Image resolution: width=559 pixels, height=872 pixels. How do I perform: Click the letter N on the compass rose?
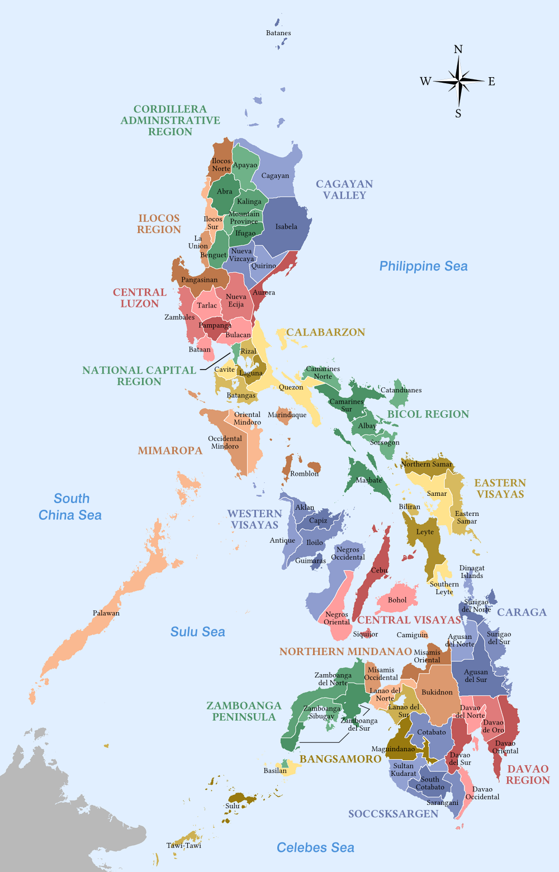point(458,49)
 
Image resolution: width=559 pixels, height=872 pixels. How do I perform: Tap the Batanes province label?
point(278,33)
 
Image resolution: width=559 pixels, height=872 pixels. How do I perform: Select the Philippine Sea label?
point(423,266)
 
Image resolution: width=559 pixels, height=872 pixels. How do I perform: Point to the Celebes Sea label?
point(315,847)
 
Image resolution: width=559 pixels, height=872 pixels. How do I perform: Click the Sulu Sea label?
point(197,632)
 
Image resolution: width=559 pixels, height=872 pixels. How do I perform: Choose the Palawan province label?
point(106,613)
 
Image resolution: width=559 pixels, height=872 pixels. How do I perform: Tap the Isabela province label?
point(286,226)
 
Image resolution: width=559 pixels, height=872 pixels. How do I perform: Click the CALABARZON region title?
point(325,332)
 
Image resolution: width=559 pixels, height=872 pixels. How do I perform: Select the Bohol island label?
point(397,600)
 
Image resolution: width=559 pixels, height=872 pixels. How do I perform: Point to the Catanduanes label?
point(401,390)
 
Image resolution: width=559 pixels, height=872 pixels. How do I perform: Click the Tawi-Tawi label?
point(184,845)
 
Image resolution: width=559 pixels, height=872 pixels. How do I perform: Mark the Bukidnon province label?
point(437,692)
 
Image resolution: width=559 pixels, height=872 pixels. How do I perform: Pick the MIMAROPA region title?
point(170,451)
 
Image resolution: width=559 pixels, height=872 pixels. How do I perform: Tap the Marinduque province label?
point(287,415)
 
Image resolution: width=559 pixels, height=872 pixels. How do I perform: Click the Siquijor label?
point(366,634)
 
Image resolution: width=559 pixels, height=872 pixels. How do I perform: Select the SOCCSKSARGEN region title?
point(393,814)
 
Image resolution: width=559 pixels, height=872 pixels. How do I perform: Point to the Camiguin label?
point(412,634)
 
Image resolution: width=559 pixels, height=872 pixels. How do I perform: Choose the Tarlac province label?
point(207,305)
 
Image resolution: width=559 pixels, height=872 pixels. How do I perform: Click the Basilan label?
point(275,770)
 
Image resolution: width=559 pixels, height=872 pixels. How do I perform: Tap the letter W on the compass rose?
point(425,82)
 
